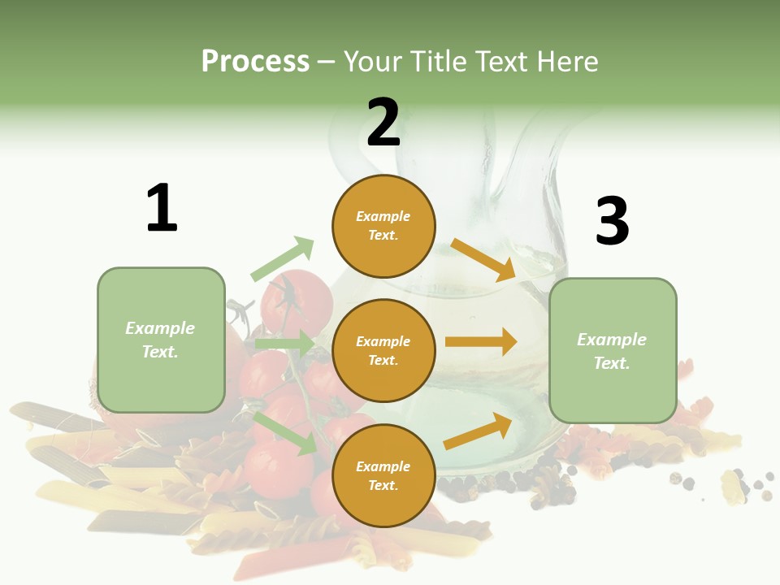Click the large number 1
pyautogui.click(x=162, y=208)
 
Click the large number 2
pyautogui.click(x=383, y=123)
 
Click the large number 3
pyautogui.click(x=612, y=221)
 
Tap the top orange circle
pyautogui.click(x=383, y=226)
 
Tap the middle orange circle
pyautogui.click(x=383, y=350)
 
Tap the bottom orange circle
pyautogui.click(x=383, y=475)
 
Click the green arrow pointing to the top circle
pyautogui.click(x=282, y=258)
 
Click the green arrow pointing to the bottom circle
pyautogui.click(x=285, y=432)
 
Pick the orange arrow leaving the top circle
pyautogui.click(x=483, y=259)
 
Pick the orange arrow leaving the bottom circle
pyautogui.click(x=478, y=431)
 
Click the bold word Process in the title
pyautogui.click(x=255, y=61)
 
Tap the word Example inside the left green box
pyautogui.click(x=160, y=327)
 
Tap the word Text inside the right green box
pyautogui.click(x=612, y=362)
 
